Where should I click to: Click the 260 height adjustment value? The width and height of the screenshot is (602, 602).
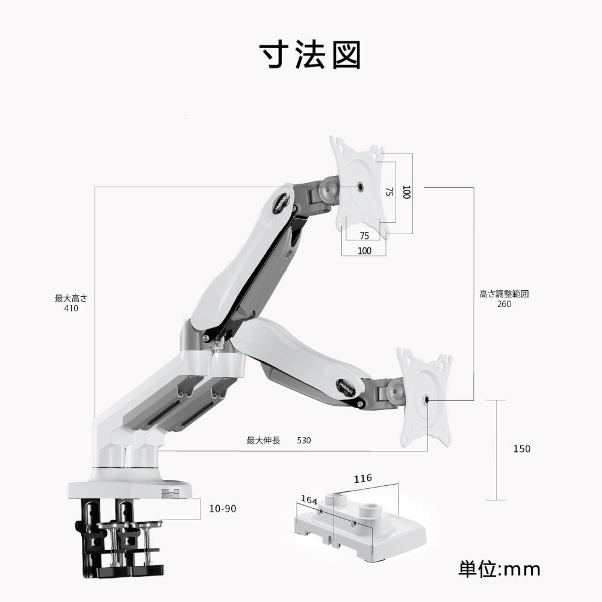(x=504, y=304)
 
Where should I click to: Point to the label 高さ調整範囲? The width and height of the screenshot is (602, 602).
(x=504, y=294)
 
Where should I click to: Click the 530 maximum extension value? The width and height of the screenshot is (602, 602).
(x=304, y=440)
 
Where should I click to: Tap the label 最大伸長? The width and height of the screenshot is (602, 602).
(x=264, y=440)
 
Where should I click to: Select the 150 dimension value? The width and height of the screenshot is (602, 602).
(x=522, y=448)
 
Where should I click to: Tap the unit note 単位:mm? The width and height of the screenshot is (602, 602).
(x=499, y=568)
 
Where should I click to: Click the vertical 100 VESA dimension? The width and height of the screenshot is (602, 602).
(x=406, y=193)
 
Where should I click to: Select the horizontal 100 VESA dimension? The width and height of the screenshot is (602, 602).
(x=364, y=250)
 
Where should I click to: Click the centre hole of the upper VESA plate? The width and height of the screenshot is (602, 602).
(x=360, y=187)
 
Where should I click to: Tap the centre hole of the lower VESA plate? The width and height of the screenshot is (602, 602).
(x=427, y=399)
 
